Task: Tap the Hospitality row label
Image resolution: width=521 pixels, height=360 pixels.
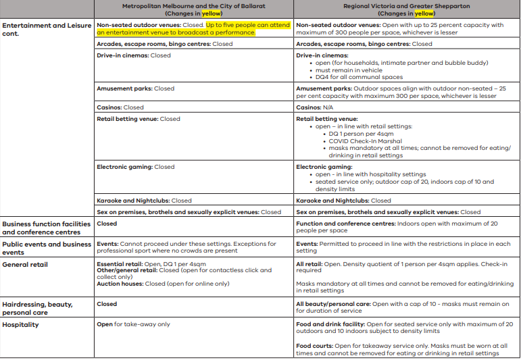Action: point(21,325)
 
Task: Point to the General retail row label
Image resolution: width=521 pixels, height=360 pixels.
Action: point(25,265)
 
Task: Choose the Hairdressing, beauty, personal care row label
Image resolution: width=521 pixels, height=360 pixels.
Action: point(37,309)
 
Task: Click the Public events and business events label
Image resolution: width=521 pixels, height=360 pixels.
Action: point(46,248)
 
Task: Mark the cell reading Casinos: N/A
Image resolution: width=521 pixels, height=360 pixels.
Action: point(315,107)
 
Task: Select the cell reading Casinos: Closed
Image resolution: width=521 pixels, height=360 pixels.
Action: point(120,107)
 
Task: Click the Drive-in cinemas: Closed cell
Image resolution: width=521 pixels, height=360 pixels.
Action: point(134,55)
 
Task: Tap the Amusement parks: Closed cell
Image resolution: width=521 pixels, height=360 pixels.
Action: point(135,88)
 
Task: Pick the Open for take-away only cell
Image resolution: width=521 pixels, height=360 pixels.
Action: point(133,325)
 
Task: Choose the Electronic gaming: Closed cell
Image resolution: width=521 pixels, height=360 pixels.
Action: point(136,167)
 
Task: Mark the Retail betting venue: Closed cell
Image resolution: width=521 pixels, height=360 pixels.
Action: point(139,119)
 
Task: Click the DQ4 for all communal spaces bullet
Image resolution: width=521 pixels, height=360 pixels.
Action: point(359,78)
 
